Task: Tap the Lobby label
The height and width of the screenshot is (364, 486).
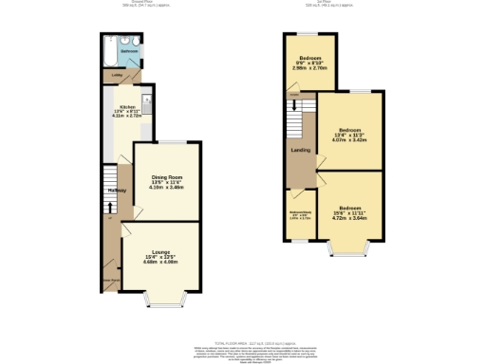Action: click(117, 74)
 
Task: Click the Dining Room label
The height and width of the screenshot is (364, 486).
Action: click(165, 176)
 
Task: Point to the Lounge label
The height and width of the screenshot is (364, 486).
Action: click(159, 251)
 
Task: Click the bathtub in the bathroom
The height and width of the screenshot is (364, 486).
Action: click(109, 47)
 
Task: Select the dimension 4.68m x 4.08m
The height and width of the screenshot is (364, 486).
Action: click(159, 263)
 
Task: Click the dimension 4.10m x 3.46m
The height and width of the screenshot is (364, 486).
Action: click(165, 188)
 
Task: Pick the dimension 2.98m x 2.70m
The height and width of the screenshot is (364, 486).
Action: click(308, 68)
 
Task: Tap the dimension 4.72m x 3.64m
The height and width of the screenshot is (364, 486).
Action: click(349, 218)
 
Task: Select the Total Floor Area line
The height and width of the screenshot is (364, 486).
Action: click(243, 338)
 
